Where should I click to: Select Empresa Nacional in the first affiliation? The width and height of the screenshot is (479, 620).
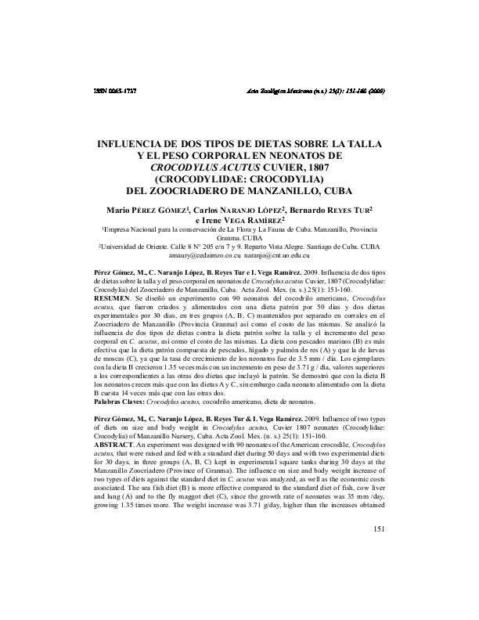click(131, 231)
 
